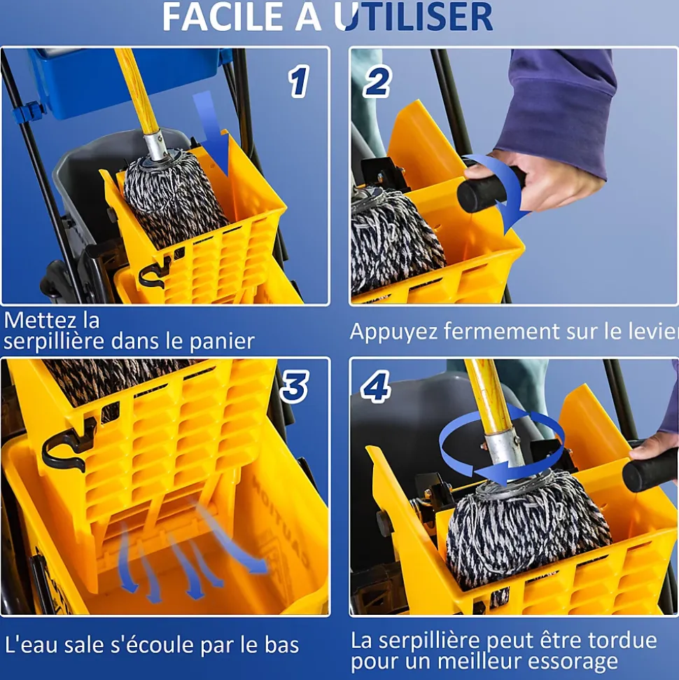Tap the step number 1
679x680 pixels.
[299, 81]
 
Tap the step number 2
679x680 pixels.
[377, 81]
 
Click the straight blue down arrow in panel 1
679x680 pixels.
[211, 134]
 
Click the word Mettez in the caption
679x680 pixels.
[36, 321]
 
